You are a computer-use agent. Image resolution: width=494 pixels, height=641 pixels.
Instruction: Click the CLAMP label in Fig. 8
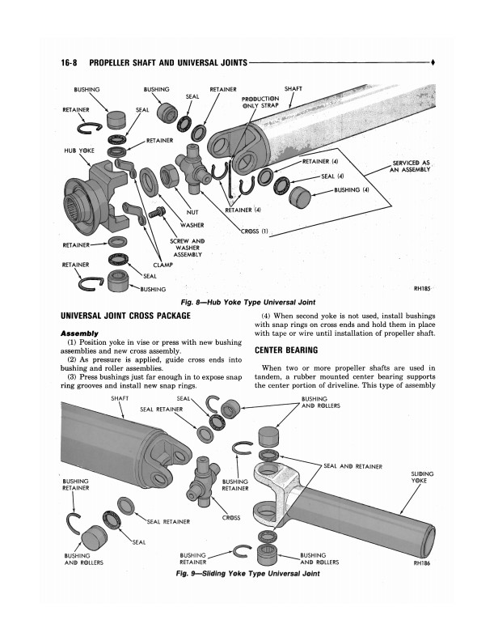click(x=164, y=264)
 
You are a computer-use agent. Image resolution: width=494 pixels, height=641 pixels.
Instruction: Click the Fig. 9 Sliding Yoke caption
click(x=235, y=574)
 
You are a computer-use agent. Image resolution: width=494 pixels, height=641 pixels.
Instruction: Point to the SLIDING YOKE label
click(x=422, y=478)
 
